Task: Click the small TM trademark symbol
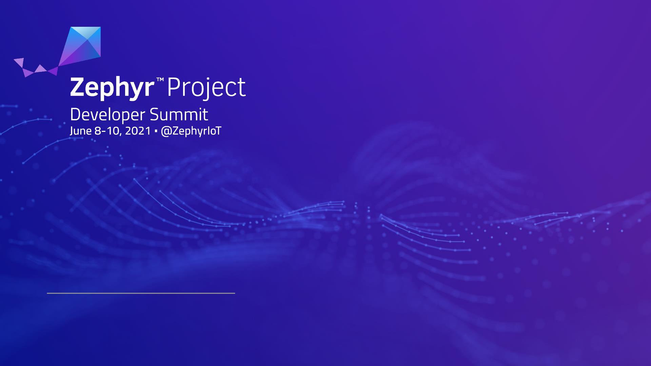[160, 80]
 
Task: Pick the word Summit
[179, 115]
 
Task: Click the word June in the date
[81, 131]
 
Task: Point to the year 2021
[138, 131]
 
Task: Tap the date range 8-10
[108, 131]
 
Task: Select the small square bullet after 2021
[156, 131]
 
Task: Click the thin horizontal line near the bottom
[141, 293]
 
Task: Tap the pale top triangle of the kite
[85, 33]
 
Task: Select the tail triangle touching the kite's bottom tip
[53, 71]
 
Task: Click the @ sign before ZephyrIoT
[166, 131]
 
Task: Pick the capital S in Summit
[154, 115]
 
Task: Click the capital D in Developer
[75, 115]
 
